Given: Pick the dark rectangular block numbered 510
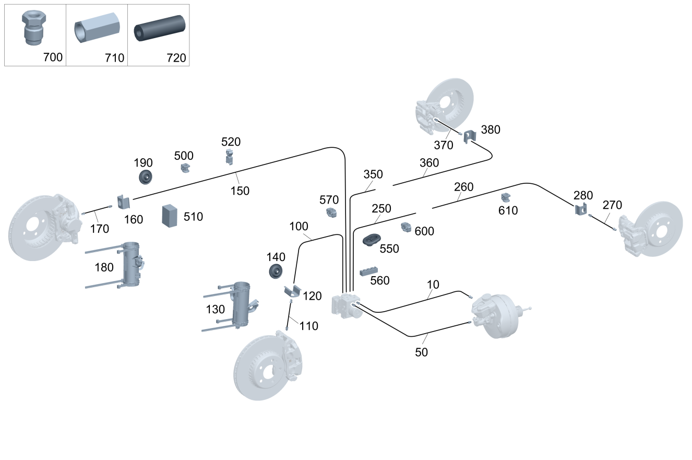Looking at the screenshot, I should tap(170, 215).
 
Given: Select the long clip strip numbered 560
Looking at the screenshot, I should tap(369, 270).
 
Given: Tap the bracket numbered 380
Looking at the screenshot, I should tap(470, 137).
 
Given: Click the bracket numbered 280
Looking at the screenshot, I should tap(581, 209).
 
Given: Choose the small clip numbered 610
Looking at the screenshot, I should tap(505, 197).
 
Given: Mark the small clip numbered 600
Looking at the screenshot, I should tap(406, 227).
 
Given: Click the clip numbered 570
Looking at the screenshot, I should tap(331, 213).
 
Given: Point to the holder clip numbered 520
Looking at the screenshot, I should tap(229, 156).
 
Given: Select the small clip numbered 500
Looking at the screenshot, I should tap(185, 168).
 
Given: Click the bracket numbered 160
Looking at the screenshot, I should tap(123, 201).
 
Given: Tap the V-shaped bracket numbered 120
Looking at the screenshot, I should tap(292, 292).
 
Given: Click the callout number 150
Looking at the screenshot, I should tap(240, 191).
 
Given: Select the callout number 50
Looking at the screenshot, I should tap(421, 352).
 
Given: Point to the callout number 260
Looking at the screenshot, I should tap(463, 186).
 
